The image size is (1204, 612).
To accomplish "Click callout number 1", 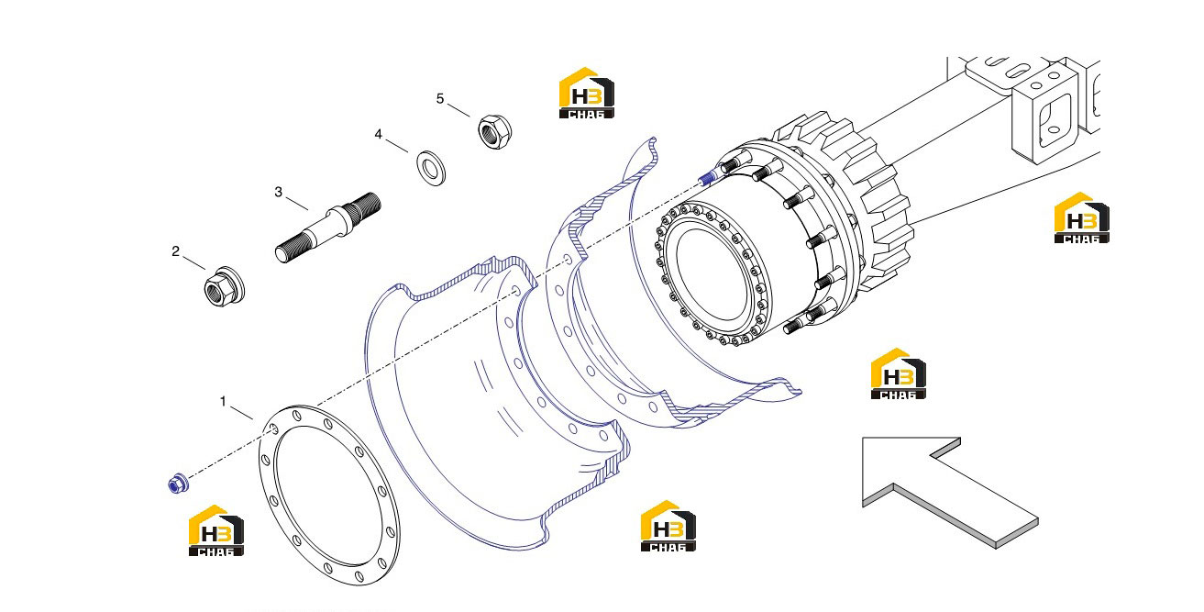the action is [x=223, y=401].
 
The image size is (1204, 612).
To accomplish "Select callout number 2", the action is [x=175, y=251].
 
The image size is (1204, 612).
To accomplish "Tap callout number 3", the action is [x=278, y=192].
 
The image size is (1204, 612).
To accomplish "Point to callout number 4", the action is [x=379, y=134].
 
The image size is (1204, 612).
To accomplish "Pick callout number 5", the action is [x=439, y=99].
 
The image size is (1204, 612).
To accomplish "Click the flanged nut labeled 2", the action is [x=224, y=286].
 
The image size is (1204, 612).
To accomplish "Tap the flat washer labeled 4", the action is [x=431, y=168].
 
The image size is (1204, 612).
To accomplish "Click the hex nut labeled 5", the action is [x=494, y=132].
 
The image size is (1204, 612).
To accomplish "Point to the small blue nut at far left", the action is [x=177, y=484].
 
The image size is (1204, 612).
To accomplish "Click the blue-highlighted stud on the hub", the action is [x=707, y=176].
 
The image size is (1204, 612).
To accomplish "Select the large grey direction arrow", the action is [x=950, y=493].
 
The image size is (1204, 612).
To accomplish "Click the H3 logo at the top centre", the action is [x=587, y=93].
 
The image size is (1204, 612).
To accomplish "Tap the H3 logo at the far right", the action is [x=1081, y=217].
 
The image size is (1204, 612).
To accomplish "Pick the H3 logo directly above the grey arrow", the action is [x=898, y=373].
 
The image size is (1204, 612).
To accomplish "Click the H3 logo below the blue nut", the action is [x=216, y=530].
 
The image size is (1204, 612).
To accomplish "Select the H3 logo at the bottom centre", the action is [x=668, y=526].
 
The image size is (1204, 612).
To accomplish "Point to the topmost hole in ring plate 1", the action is [x=296, y=416].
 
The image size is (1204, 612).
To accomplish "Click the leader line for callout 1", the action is [x=241, y=413].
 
